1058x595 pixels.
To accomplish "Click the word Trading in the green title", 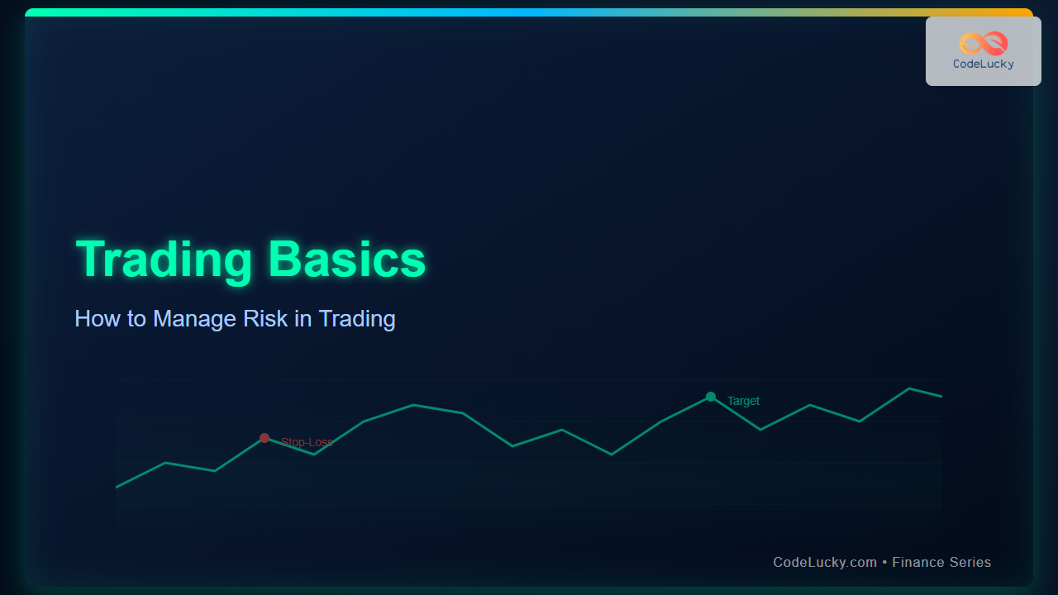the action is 164,260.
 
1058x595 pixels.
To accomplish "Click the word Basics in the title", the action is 346,259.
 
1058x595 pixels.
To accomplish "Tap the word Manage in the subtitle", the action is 194,319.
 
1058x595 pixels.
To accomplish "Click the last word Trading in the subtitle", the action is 357,319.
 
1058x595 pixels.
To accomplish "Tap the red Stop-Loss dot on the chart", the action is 264,438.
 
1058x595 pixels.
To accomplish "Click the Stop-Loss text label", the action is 307,442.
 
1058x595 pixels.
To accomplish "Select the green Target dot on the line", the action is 711,397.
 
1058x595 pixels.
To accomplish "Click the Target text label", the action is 743,401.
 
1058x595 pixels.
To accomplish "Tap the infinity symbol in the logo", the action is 984,44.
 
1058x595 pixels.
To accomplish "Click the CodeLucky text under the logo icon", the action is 984,64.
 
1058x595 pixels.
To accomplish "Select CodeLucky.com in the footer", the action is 825,563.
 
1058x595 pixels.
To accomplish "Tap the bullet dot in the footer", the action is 884,563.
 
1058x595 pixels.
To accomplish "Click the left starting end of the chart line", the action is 117,487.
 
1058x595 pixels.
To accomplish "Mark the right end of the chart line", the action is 941,396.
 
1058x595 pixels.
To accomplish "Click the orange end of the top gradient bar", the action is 1026,12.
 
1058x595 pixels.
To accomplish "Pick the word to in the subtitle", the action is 136,319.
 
